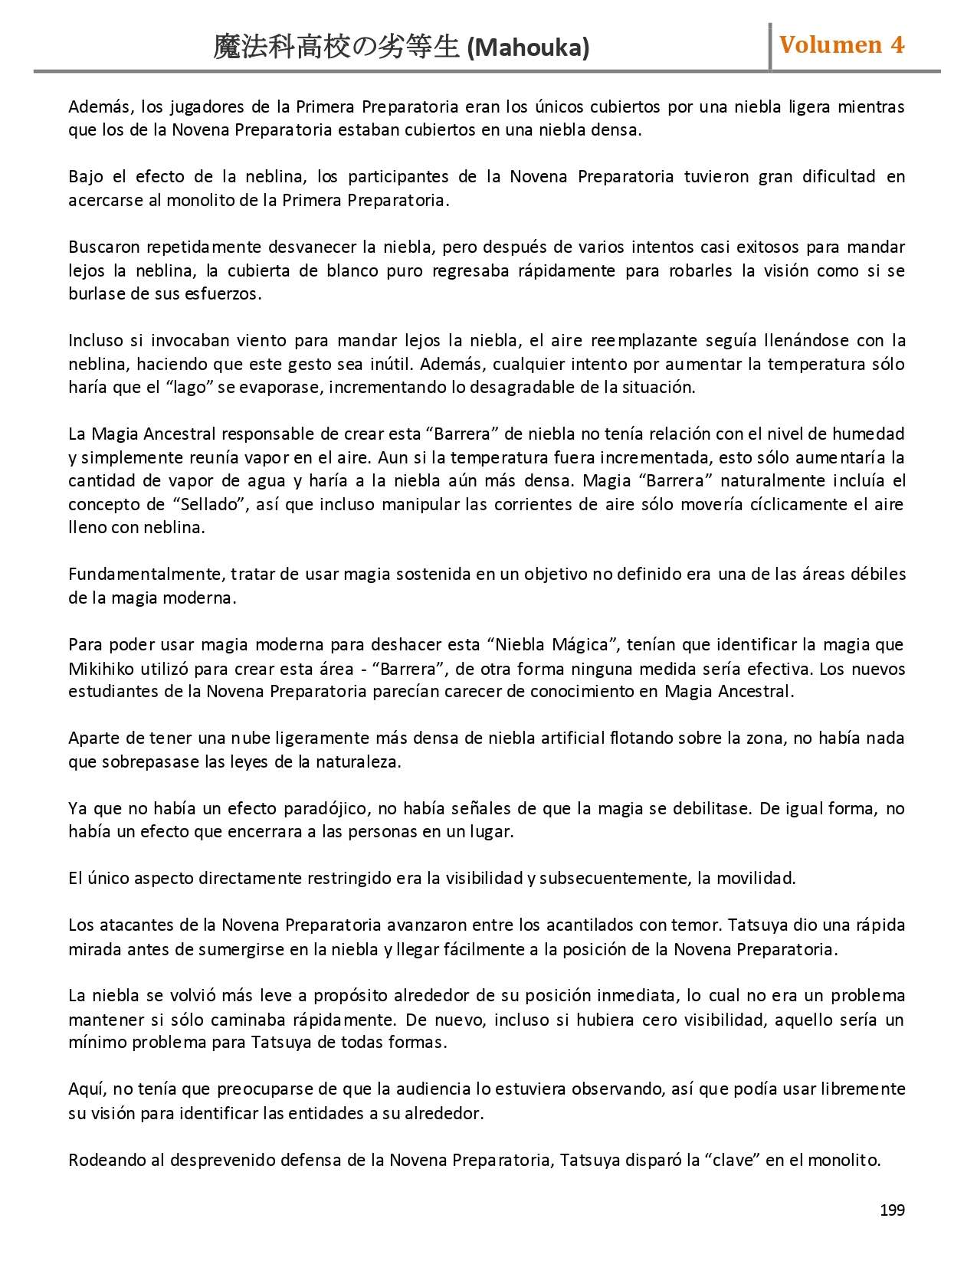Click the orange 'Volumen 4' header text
tap(841, 45)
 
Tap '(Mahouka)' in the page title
tap(528, 49)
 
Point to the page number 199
tap(892, 1210)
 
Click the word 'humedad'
tap(868, 434)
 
